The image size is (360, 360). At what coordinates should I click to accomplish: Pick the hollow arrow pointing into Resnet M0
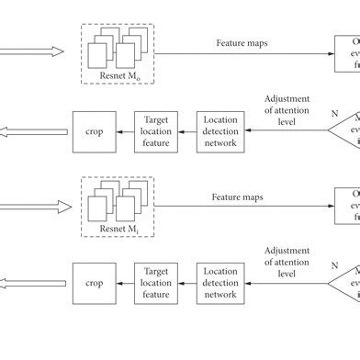32,51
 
